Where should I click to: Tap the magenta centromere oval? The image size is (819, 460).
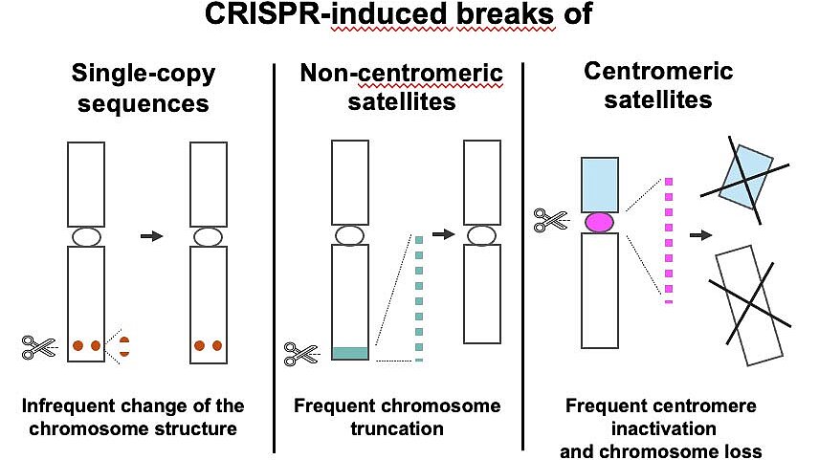click(x=599, y=223)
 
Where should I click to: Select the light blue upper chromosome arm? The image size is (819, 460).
click(x=600, y=185)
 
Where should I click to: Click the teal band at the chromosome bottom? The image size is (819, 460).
click(x=350, y=354)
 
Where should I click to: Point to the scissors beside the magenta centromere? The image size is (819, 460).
click(x=550, y=220)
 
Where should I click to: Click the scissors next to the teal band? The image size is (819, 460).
click(x=300, y=354)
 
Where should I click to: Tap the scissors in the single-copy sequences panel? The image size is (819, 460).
click(x=39, y=347)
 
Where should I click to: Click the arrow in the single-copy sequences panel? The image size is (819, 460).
click(x=152, y=236)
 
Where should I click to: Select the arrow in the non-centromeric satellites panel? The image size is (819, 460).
click(x=443, y=234)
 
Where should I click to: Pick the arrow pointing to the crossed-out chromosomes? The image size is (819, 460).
click(x=701, y=235)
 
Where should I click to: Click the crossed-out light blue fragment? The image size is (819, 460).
click(x=745, y=177)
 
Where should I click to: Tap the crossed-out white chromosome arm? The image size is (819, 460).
click(x=749, y=305)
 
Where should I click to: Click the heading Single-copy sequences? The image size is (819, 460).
click(x=144, y=88)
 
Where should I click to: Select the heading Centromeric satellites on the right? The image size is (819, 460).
click(x=658, y=85)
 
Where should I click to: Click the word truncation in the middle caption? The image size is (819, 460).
click(x=397, y=428)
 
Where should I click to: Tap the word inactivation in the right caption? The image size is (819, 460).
click(x=664, y=428)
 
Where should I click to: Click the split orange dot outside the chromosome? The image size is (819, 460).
click(x=124, y=347)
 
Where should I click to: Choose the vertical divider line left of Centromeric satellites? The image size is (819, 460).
click(x=522, y=256)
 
